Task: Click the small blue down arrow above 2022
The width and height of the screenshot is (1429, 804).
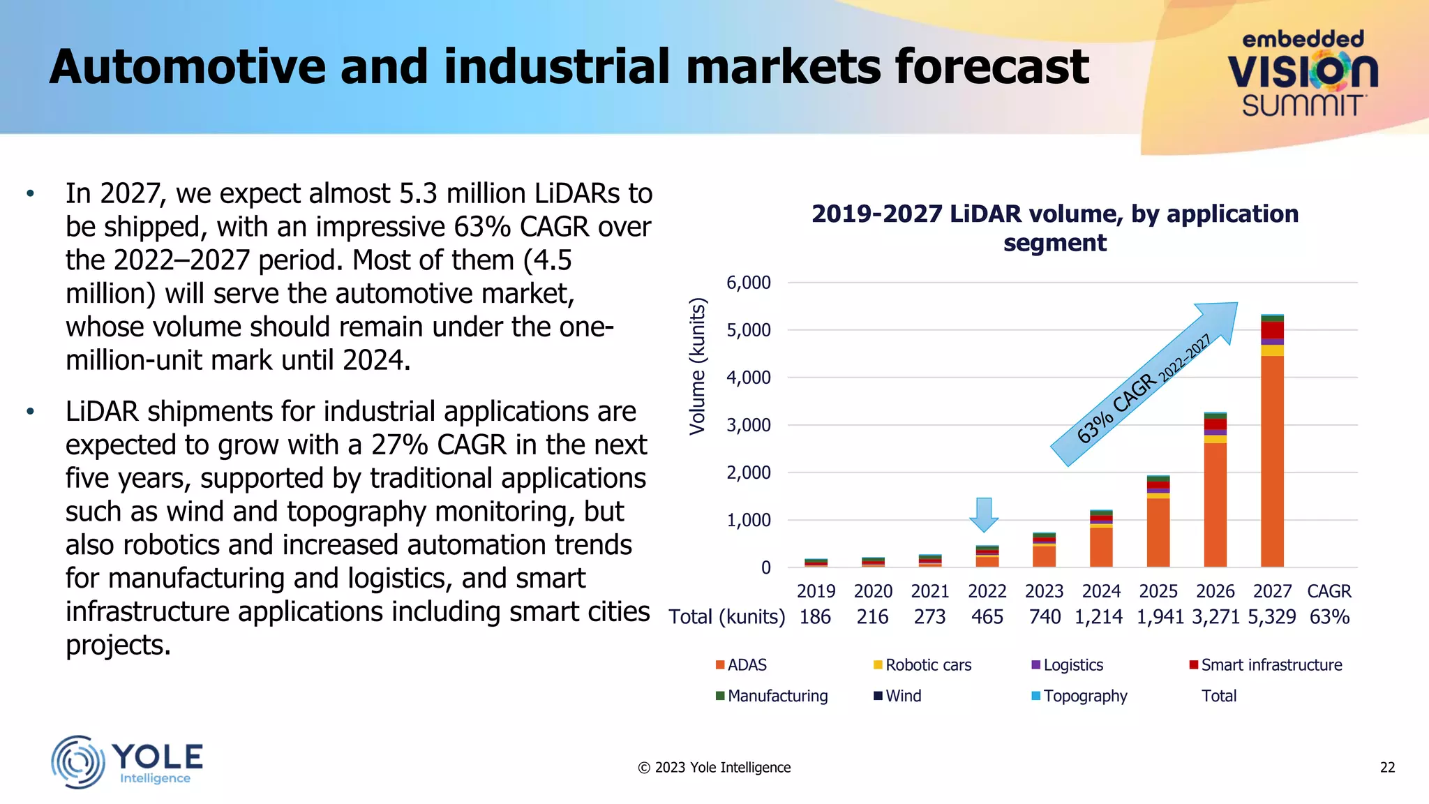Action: [x=984, y=514]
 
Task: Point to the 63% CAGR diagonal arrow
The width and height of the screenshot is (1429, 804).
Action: [x=1144, y=385]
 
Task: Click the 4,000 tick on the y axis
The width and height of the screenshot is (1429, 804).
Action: [x=748, y=378]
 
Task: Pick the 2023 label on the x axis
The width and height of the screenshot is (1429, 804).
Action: [x=1044, y=591]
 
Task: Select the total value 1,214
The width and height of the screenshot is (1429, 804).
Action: [x=1098, y=617]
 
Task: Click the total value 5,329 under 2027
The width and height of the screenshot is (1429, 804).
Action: [x=1271, y=617]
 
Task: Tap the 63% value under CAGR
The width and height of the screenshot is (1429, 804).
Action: [x=1329, y=617]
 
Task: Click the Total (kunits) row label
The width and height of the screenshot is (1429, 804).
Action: [x=726, y=617]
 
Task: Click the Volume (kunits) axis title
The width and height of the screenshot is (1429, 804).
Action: [x=697, y=366]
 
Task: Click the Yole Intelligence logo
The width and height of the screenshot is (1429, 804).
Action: [x=127, y=762]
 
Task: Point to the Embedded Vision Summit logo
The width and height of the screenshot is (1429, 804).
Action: [x=1302, y=73]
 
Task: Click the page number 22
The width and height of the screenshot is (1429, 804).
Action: [x=1387, y=768]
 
